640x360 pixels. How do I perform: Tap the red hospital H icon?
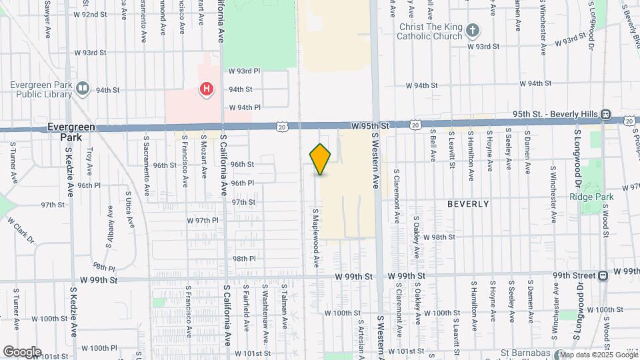click(207, 89)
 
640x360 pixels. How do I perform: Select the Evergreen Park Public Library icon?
click(83, 88)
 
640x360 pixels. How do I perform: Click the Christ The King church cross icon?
click(472, 30)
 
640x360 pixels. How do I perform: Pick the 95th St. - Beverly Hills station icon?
click(606, 115)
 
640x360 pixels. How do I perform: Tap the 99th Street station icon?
click(603, 275)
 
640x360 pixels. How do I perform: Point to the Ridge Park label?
click(587, 197)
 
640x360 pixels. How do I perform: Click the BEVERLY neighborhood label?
click(468, 204)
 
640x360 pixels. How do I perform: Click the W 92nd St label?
click(90, 14)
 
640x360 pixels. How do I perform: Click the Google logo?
click(22, 351)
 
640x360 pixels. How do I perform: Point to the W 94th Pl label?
click(245, 107)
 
